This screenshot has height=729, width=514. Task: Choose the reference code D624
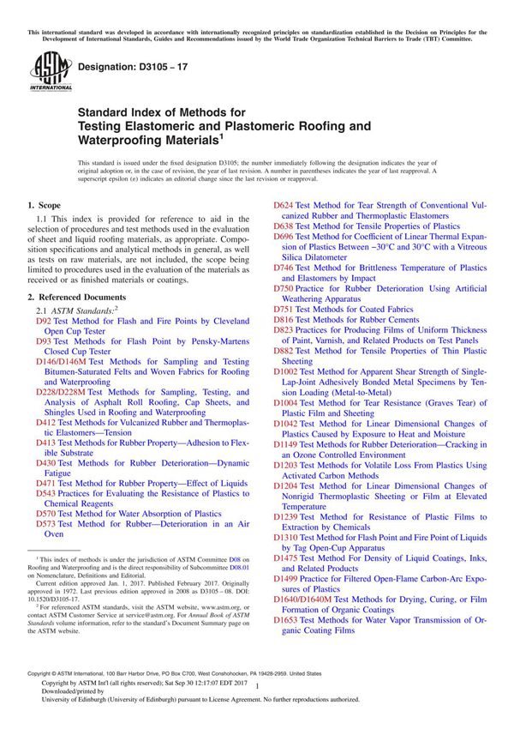coord(284,206)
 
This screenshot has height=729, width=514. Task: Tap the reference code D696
coord(284,237)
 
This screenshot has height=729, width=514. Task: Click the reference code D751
coord(284,308)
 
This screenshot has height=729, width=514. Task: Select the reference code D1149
coord(287,445)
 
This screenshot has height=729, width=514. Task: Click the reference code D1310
coord(287,537)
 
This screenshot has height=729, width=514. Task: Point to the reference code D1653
coord(287,619)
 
